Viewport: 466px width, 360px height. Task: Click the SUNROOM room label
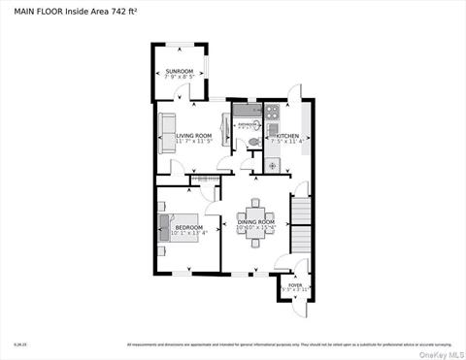(x=179, y=71)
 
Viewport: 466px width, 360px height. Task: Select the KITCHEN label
(x=290, y=136)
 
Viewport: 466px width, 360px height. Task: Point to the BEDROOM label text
(x=188, y=226)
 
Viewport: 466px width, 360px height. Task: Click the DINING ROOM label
(x=256, y=222)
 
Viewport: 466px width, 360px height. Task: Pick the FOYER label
(x=295, y=284)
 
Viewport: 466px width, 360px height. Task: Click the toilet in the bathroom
(x=254, y=142)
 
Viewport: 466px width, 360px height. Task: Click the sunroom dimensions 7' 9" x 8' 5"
(x=179, y=77)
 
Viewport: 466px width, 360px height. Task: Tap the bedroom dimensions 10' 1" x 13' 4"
(x=188, y=233)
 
